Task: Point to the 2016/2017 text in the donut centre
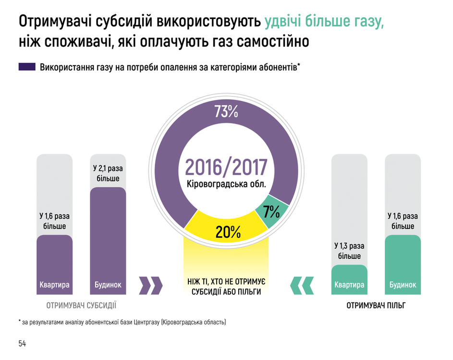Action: point(226,166)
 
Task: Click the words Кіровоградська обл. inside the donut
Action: point(226,184)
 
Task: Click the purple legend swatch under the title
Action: point(27,67)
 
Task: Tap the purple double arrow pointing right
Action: point(150,285)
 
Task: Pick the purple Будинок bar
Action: point(108,240)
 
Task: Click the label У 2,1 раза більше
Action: point(108,173)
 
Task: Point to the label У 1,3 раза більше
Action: point(349,251)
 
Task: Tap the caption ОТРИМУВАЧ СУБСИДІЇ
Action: point(81,305)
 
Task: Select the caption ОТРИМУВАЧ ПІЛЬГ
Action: point(376,305)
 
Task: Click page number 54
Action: point(22,343)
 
